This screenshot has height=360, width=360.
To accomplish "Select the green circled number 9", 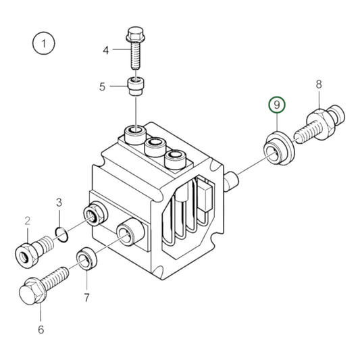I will tap(277, 105).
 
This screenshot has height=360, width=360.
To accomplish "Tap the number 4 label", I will tap(105, 50).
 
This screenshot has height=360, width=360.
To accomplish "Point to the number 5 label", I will tap(103, 86).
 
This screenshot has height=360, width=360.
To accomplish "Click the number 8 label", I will tap(319, 85).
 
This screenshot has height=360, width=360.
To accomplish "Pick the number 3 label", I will tap(59, 202).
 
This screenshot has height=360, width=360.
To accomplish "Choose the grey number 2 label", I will tap(28, 220).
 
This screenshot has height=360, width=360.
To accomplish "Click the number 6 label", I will tap(40, 330).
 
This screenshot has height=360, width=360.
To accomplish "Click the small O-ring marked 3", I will tap(61, 234).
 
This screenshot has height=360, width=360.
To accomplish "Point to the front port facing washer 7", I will tap(125, 233).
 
